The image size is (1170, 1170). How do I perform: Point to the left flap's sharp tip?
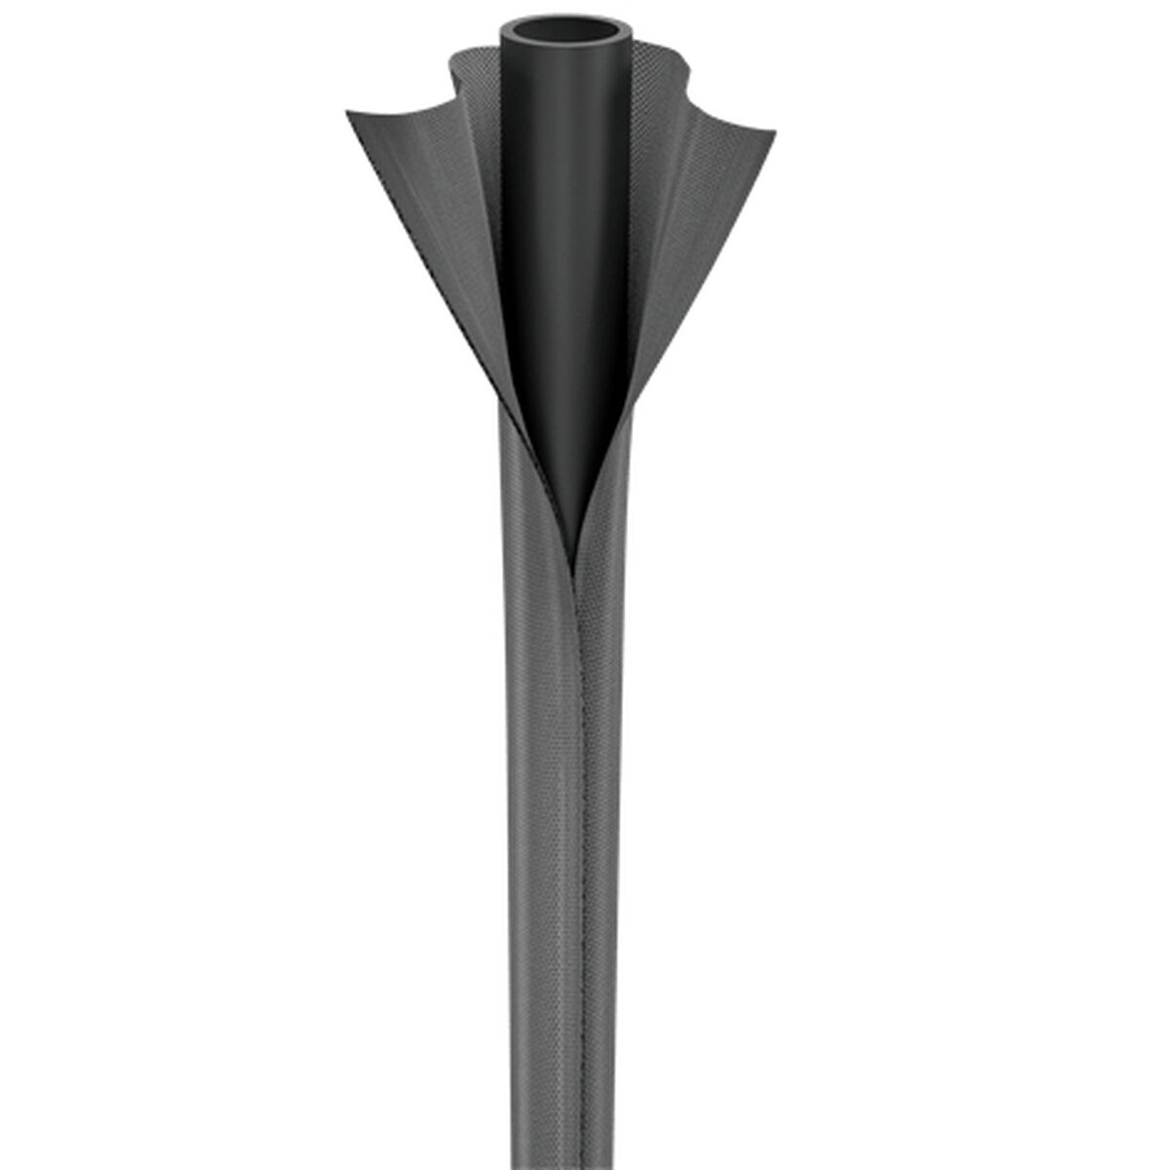(348, 115)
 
